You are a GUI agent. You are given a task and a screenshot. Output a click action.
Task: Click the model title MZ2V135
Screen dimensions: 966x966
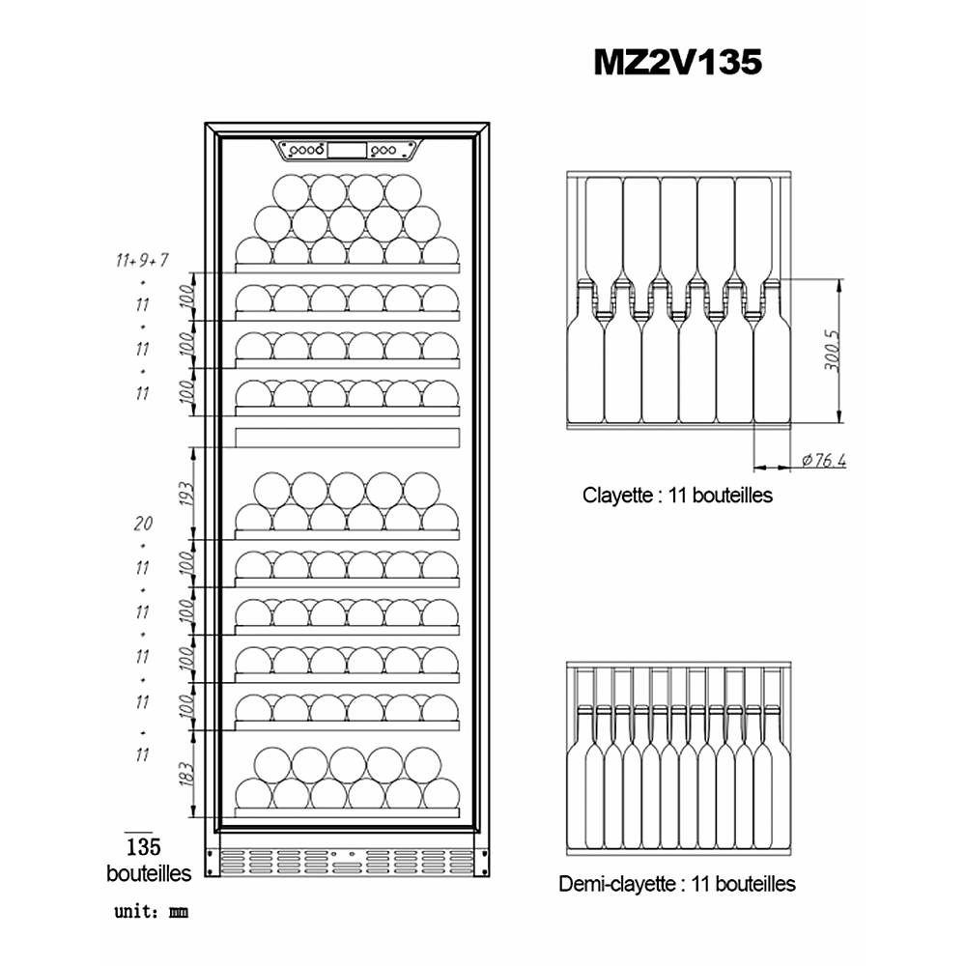(678, 62)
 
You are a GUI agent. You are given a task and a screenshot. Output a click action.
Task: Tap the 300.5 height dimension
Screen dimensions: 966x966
(832, 351)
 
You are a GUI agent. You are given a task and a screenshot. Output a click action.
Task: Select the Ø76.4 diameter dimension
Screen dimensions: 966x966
(824, 460)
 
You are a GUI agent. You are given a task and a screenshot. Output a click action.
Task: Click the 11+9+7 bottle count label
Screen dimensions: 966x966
(142, 261)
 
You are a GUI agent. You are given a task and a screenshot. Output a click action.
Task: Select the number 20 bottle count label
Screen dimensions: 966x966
(143, 524)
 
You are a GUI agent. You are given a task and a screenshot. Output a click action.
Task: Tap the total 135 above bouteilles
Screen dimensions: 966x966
(144, 846)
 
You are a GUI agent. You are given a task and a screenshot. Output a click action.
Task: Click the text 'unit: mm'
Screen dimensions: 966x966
(151, 911)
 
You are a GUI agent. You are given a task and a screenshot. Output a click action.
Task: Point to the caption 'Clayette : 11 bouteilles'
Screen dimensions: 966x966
(677, 495)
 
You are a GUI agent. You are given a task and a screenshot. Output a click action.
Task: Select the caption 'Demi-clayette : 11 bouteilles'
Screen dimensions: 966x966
(676, 884)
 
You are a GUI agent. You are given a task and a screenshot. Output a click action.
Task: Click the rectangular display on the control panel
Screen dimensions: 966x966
(347, 151)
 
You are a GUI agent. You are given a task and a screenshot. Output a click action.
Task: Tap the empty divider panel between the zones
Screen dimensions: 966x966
(348, 438)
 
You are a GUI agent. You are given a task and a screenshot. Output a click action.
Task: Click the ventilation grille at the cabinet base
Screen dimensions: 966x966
(347, 862)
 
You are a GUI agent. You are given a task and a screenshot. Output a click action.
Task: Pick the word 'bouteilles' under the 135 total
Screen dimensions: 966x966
(149, 873)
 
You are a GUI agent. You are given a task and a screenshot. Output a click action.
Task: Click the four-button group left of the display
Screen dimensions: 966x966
(306, 151)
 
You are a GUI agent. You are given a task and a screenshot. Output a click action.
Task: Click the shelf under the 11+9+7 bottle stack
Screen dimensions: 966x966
(348, 268)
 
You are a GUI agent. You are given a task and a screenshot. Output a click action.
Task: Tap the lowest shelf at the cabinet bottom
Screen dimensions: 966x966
(348, 812)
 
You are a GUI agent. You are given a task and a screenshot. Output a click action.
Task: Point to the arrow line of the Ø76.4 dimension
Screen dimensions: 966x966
(773, 468)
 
